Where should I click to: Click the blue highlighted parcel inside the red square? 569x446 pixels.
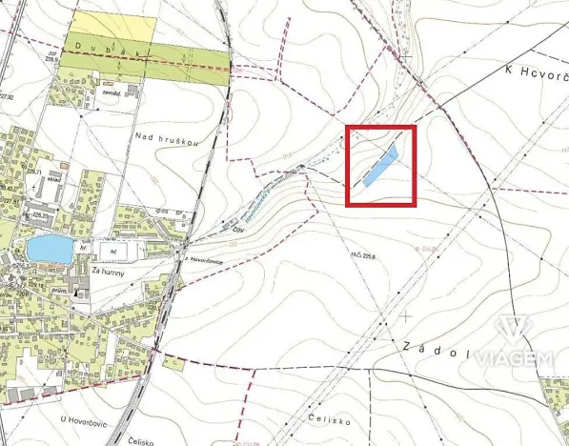click(378, 166)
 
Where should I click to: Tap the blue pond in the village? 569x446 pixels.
click(47, 250)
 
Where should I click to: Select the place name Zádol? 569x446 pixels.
click(437, 352)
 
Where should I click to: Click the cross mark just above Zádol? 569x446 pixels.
click(407, 314)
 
